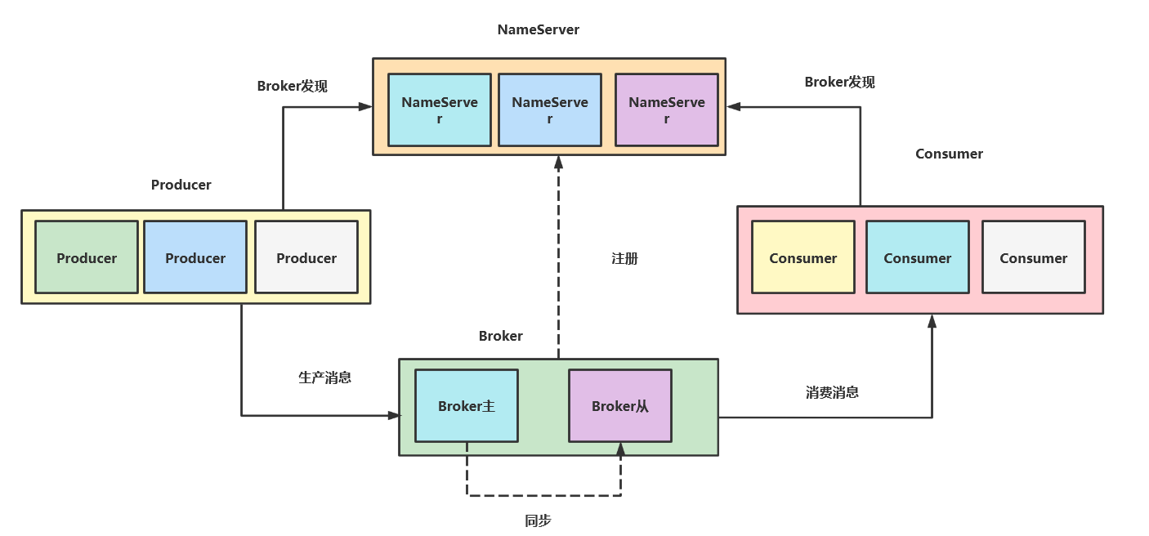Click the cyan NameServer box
click(x=440, y=109)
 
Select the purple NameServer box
click(x=666, y=109)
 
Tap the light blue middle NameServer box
click(x=550, y=109)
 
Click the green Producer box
click(x=87, y=257)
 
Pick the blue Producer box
click(x=195, y=257)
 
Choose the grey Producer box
click(x=306, y=257)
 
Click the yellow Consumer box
click(x=803, y=257)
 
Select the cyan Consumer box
click(x=918, y=257)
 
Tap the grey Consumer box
click(x=1034, y=257)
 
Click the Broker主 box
click(x=467, y=406)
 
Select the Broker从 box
click(x=620, y=406)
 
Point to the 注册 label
click(x=624, y=258)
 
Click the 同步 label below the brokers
click(x=538, y=520)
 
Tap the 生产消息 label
click(x=324, y=377)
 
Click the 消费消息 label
click(x=832, y=392)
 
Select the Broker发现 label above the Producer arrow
click(x=292, y=86)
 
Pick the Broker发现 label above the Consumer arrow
click(x=839, y=82)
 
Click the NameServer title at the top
click(x=538, y=29)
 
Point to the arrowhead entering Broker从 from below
click(x=620, y=449)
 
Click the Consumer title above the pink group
click(x=949, y=154)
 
